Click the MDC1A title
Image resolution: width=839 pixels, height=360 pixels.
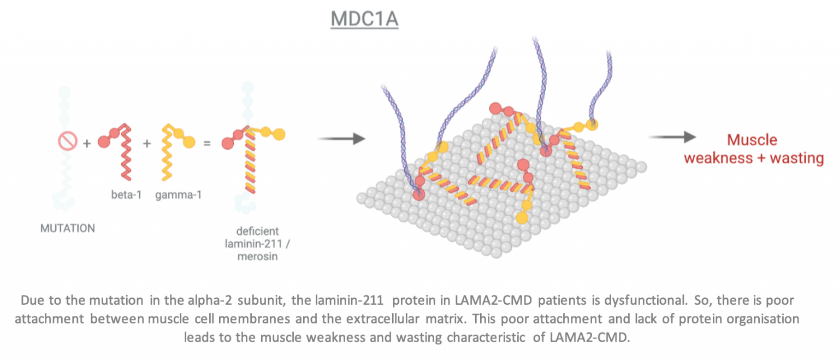(364, 20)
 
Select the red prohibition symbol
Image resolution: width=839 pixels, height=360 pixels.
(68, 142)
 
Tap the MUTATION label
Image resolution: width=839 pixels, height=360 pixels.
(68, 228)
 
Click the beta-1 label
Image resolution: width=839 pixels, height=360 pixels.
(127, 194)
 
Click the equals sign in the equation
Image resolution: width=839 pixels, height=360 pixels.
(207, 143)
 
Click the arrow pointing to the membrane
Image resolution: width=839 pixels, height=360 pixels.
(341, 139)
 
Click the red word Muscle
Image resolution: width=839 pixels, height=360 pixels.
(752, 140)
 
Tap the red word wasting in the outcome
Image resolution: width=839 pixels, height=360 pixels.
(796, 158)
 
